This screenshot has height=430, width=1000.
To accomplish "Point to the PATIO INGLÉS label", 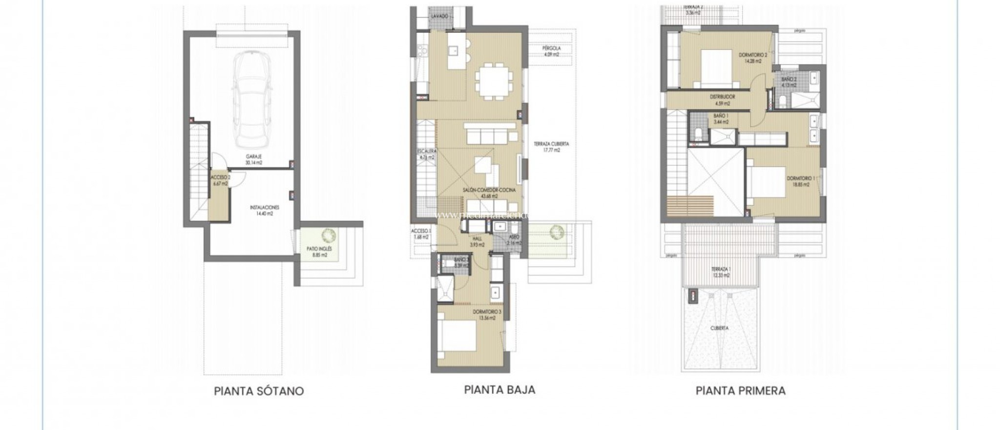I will (x=319, y=251).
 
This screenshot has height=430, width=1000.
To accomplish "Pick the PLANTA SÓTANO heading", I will (x=259, y=391).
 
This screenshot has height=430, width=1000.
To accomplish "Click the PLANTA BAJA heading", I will (x=500, y=389).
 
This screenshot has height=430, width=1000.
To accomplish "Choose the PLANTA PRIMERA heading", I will (x=741, y=391).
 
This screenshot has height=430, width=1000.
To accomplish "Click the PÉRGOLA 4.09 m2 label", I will (x=551, y=51).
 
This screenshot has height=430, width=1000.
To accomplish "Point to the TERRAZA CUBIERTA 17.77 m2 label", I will (x=551, y=147).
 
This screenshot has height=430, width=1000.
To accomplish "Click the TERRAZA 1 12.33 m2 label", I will (x=721, y=272).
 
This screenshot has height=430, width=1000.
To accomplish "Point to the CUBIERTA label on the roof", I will (x=720, y=328).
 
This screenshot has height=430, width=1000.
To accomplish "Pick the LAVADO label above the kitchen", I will (x=440, y=17).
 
